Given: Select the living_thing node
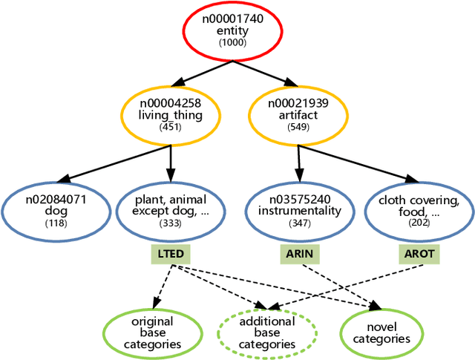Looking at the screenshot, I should tap(171, 115).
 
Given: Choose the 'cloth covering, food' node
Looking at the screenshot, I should tap(419, 210).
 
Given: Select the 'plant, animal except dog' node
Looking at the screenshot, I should tap(170, 210).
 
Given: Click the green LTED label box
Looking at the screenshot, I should tap(170, 254).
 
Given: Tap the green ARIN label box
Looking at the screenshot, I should tap(301, 254).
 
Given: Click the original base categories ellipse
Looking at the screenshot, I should tap(151, 333).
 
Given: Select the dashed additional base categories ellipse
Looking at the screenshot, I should tap(266, 333).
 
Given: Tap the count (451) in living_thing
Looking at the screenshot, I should tap(171, 127).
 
